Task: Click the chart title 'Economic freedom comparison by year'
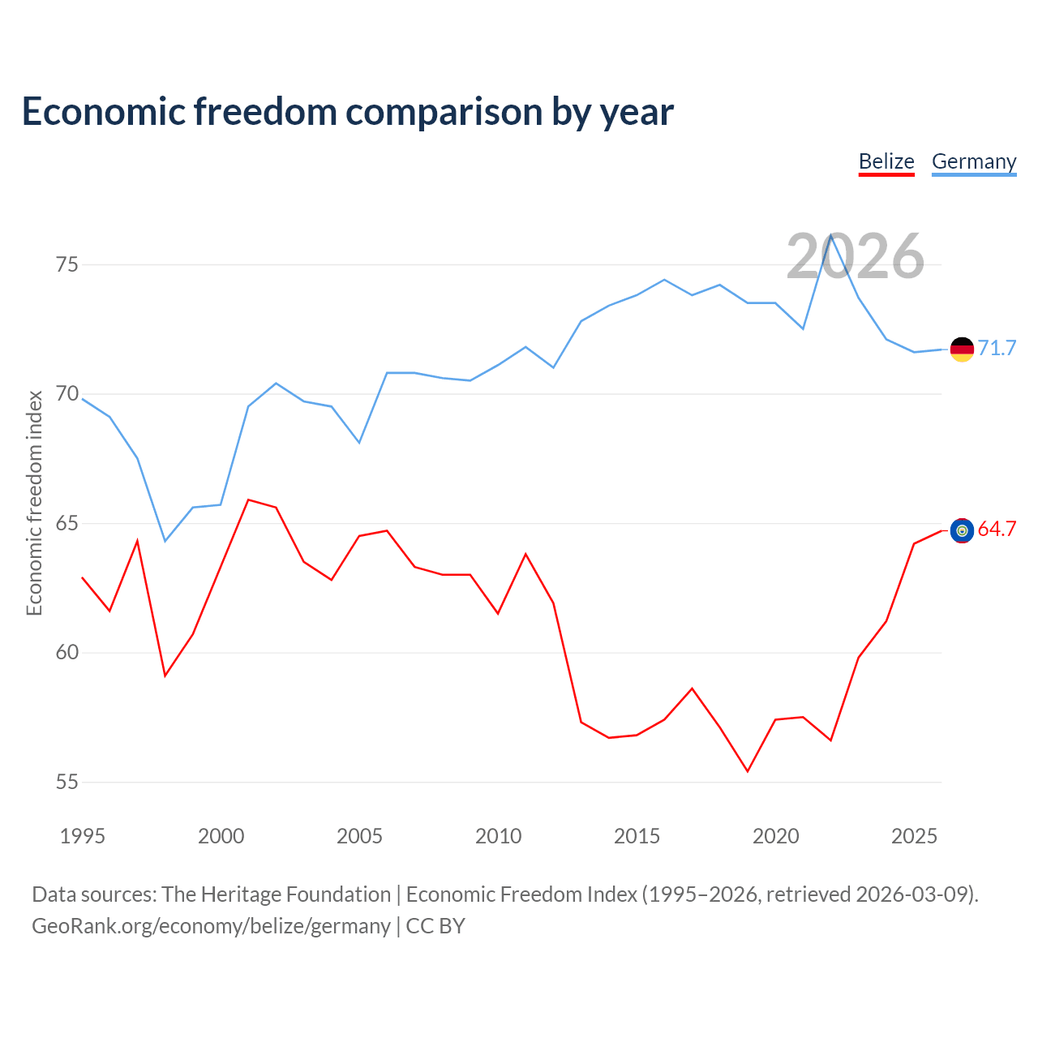pyautogui.click(x=348, y=112)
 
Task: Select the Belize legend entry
pyautogui.click(x=886, y=162)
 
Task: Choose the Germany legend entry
pyautogui.click(x=974, y=162)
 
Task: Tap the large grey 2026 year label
pyautogui.click(x=855, y=256)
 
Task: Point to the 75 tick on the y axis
pyautogui.click(x=67, y=265)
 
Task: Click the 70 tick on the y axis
pyautogui.click(x=67, y=395)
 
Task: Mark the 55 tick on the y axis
pyautogui.click(x=67, y=783)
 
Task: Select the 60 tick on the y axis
pyautogui.click(x=67, y=653)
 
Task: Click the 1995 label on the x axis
pyautogui.click(x=83, y=836)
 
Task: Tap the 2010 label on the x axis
pyautogui.click(x=499, y=836)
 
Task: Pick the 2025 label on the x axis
pyautogui.click(x=914, y=836)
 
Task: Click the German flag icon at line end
pyautogui.click(x=962, y=350)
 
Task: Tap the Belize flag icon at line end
pyautogui.click(x=962, y=530)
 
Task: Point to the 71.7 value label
pyautogui.click(x=997, y=348)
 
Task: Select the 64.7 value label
pyautogui.click(x=997, y=529)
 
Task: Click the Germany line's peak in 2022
pyautogui.click(x=831, y=234)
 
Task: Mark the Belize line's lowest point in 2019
pyautogui.click(x=748, y=771)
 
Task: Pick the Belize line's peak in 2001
pyautogui.click(x=248, y=500)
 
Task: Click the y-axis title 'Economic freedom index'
pyautogui.click(x=35, y=503)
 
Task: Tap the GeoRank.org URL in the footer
pyautogui.click(x=211, y=926)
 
